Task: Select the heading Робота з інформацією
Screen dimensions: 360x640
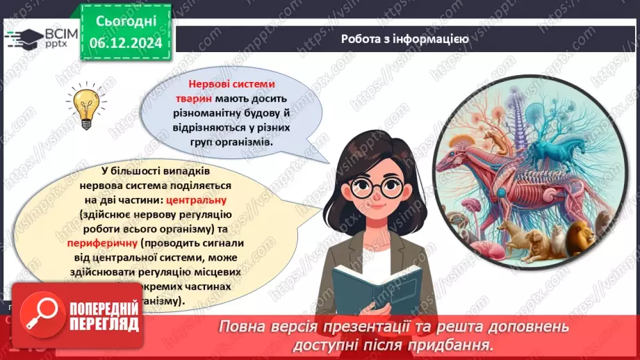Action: coord(404,39)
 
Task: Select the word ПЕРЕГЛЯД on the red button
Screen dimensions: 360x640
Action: coord(104,324)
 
